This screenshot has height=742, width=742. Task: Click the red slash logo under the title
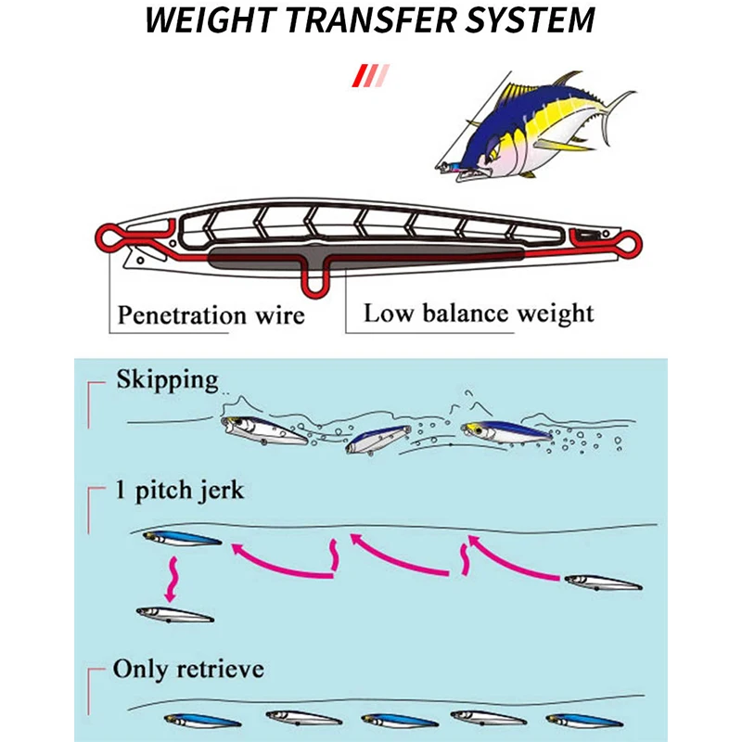371,76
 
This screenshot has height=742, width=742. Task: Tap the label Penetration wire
211,315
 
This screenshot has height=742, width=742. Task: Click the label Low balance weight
479,313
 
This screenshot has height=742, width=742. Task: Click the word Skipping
168,380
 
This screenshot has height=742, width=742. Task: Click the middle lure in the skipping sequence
377,439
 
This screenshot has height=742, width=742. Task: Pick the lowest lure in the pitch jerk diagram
174,614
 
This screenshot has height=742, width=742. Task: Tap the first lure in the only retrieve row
202,721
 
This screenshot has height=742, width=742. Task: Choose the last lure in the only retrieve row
584,721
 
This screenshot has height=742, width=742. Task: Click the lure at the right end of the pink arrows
604,582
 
